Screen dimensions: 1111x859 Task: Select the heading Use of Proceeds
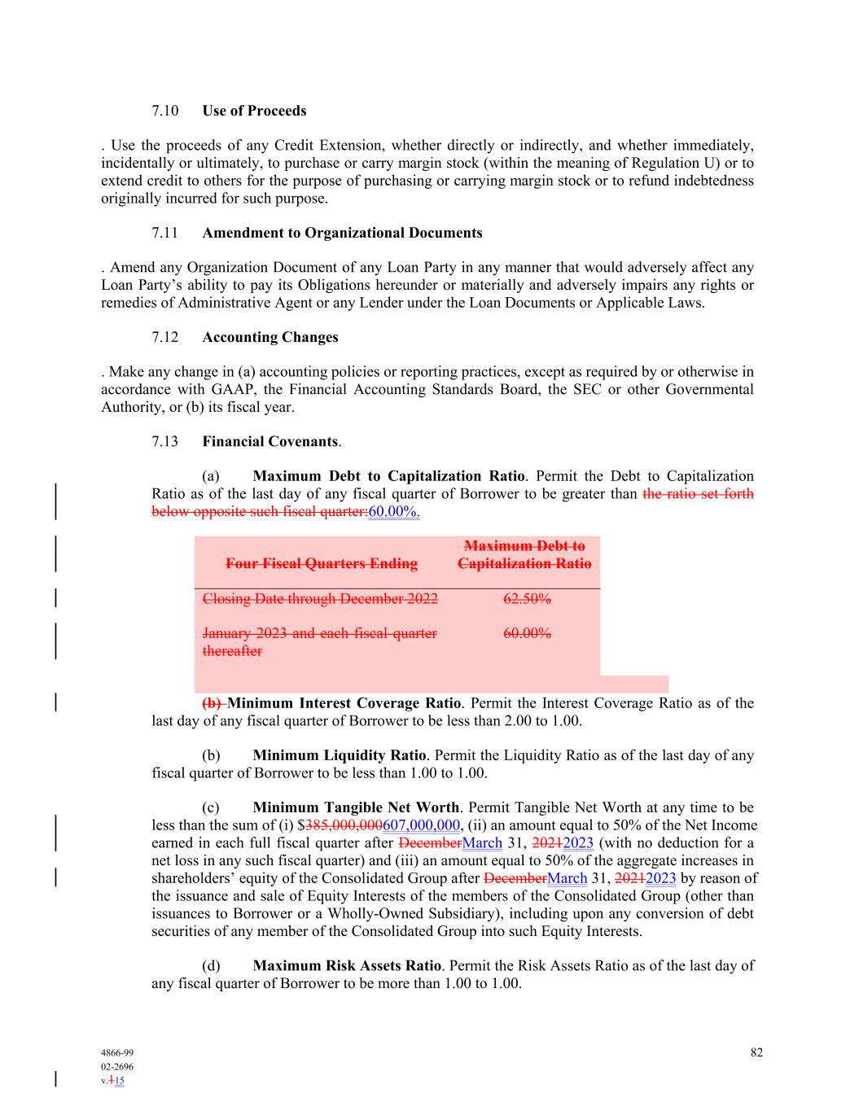pos(254,111)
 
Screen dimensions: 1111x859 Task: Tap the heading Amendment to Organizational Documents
pos(342,233)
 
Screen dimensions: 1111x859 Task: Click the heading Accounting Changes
pos(270,337)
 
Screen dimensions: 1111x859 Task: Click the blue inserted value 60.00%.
pos(394,512)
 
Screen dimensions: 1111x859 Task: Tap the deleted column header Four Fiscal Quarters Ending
pos(321,563)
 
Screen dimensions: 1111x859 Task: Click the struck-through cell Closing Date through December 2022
pos(319,599)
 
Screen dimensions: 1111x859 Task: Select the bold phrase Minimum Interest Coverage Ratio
pos(344,703)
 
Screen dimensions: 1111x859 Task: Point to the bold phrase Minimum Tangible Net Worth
pos(356,807)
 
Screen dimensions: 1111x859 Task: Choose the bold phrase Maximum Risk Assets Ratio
pos(347,965)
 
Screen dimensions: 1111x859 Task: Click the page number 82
pos(756,1052)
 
